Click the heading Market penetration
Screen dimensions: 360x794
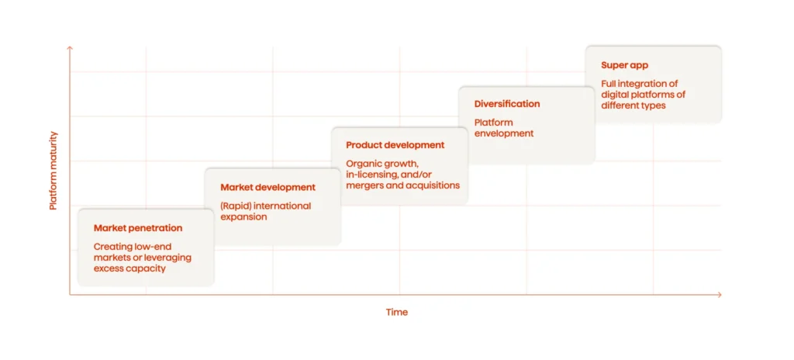138,228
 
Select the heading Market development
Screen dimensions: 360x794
268,187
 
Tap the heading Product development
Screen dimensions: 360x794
395,145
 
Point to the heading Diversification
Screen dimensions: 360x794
507,104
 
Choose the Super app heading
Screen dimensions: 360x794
624,65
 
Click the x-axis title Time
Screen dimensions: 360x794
397,312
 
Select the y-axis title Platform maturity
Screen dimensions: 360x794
54,170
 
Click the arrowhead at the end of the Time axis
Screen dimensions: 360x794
719,295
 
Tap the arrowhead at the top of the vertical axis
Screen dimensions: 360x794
70,48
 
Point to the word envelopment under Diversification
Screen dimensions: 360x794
504,133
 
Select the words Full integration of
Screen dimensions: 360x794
640,84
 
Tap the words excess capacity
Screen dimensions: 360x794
129,268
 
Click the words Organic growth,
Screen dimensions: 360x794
382,164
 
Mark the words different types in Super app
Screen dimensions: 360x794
633,106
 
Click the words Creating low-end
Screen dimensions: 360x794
133,247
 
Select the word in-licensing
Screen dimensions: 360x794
372,175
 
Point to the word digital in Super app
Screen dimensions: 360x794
615,95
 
